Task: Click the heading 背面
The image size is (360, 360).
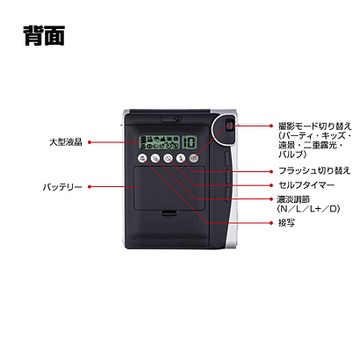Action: pyautogui.click(x=44, y=35)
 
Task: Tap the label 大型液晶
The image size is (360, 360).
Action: pyautogui.click(x=66, y=142)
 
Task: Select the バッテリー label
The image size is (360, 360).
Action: pyautogui.click(x=62, y=187)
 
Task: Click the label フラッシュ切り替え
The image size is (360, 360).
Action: pyautogui.click(x=314, y=170)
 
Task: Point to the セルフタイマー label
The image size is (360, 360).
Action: pyautogui.click(x=306, y=185)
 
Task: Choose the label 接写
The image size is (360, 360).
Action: pyautogui.click(x=286, y=223)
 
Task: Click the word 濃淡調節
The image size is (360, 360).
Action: pyautogui.click(x=293, y=199)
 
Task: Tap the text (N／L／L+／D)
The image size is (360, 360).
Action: pyautogui.click(x=308, y=209)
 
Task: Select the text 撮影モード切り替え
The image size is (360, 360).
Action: pyautogui.click(x=315, y=126)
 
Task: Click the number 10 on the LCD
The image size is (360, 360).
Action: pyautogui.click(x=190, y=142)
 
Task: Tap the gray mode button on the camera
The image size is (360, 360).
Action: pyautogui.click(x=193, y=158)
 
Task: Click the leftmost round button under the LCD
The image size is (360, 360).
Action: pyautogui.click(x=142, y=158)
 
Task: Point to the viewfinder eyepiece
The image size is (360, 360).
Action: pyautogui.click(x=230, y=126)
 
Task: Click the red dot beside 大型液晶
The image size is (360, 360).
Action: pyautogui.click(x=90, y=142)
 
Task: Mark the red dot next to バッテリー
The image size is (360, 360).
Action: pyautogui.click(x=90, y=187)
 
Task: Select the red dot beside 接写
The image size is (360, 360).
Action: pyautogui.click(x=271, y=223)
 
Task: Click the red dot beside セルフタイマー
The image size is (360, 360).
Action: pyautogui.click(x=271, y=185)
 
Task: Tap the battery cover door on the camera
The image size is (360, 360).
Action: pyautogui.click(x=169, y=189)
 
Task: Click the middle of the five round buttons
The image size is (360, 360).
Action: pyautogui.click(x=168, y=158)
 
